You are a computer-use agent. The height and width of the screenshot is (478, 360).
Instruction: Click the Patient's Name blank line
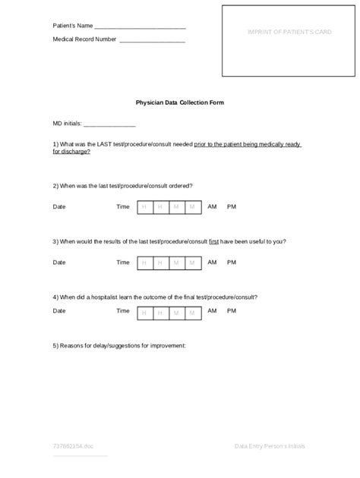tap(140, 29)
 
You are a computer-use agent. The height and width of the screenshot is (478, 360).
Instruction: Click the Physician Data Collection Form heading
tap(179, 102)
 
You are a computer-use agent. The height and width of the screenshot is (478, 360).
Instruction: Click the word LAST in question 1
tap(106, 143)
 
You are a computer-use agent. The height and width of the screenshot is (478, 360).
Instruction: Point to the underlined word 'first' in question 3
tap(214, 241)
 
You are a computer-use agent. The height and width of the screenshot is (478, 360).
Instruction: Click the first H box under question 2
tap(144, 206)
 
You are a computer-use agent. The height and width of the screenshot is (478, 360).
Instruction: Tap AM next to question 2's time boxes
tap(212, 206)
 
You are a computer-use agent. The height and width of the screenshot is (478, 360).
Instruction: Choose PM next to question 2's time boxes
tap(232, 206)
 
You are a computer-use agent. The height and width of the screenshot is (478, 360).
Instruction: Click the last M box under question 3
tap(194, 263)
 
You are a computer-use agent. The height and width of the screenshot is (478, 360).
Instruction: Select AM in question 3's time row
tap(212, 262)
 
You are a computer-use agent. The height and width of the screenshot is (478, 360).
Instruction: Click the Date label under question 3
tap(59, 263)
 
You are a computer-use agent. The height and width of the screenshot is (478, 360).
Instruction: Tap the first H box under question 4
tap(144, 311)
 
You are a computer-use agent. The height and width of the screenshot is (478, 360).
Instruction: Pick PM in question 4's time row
tap(232, 310)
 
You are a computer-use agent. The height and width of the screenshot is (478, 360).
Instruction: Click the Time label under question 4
tap(123, 311)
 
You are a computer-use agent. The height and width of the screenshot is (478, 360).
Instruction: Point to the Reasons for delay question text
tap(119, 345)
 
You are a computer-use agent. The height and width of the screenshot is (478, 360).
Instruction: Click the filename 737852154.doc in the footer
tap(73, 446)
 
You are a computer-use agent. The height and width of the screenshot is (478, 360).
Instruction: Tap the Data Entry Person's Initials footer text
tap(270, 446)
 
